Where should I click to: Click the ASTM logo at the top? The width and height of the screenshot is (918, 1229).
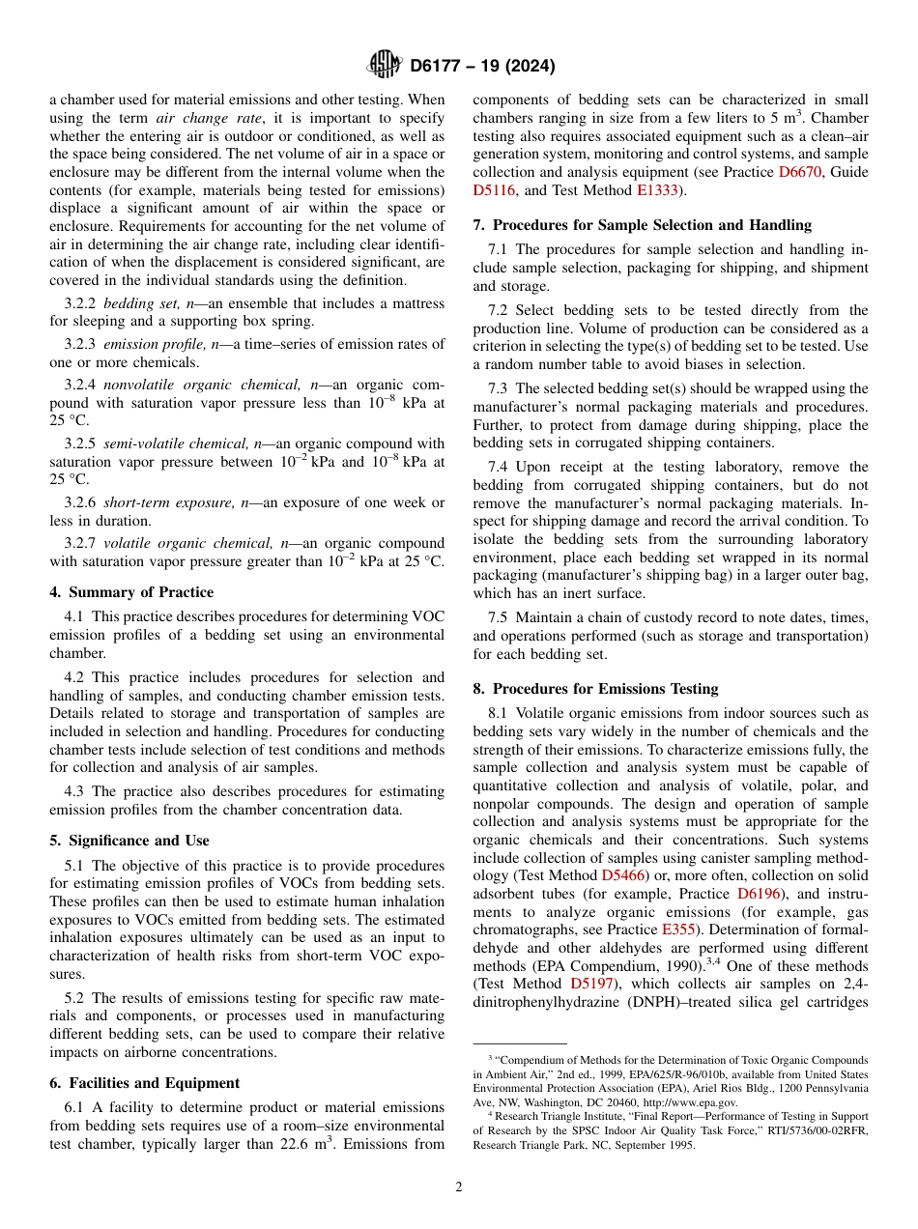click(x=385, y=66)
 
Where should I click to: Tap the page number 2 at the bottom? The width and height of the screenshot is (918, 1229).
click(x=459, y=1187)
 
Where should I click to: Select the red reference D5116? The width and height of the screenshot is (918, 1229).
click(x=493, y=190)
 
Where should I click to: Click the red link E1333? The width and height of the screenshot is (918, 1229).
click(x=658, y=190)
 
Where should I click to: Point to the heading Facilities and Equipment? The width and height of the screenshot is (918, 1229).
click(x=144, y=1083)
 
